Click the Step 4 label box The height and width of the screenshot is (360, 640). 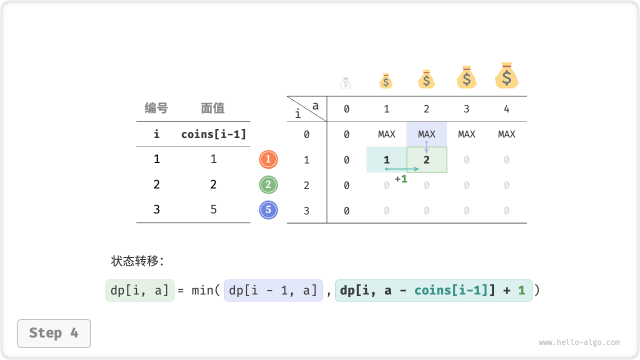[x=54, y=333]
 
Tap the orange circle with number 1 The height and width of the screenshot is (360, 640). [x=268, y=159]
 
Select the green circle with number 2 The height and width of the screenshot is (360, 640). [x=268, y=185]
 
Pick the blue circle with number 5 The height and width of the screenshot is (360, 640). [x=268, y=210]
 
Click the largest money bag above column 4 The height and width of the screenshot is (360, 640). [x=506, y=76]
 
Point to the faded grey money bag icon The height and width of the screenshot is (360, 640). [x=346, y=83]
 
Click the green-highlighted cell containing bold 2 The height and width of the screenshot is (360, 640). [x=426, y=160]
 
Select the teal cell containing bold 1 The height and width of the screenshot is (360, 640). [x=386, y=160]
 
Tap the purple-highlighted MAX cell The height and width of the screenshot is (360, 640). [x=426, y=134]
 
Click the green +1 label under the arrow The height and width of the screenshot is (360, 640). [x=401, y=178]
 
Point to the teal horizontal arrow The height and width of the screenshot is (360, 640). [x=402, y=169]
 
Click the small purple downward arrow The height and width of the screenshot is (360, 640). [x=426, y=147]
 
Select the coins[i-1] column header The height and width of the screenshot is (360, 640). [x=213, y=134]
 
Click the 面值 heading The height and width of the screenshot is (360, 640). [x=213, y=108]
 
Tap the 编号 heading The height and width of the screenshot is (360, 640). [x=156, y=108]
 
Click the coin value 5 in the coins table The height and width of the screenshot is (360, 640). [x=213, y=209]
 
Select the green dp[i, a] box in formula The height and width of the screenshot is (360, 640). [x=140, y=290]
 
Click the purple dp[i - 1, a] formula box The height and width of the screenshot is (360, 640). [x=273, y=290]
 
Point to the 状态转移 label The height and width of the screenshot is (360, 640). [x=137, y=261]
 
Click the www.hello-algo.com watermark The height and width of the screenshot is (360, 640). [x=579, y=342]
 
